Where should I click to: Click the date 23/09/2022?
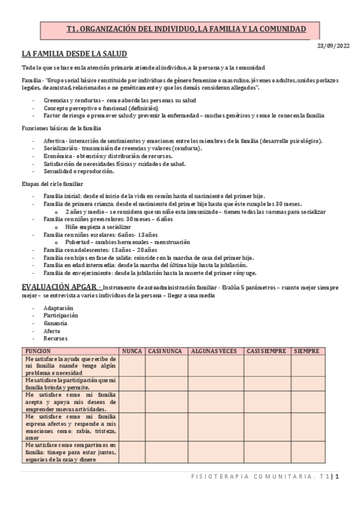[333, 46]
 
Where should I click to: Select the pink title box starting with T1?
[186, 29]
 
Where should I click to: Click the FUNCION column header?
[38, 350]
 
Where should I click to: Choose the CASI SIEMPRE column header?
[266, 350]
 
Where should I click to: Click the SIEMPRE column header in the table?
[307, 350]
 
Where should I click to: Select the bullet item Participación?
[60, 315]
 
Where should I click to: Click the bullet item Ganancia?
[55, 323]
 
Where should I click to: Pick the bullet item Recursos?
[55, 339]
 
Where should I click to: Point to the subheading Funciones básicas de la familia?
[61, 128]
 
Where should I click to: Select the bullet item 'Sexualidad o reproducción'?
[79, 171]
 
